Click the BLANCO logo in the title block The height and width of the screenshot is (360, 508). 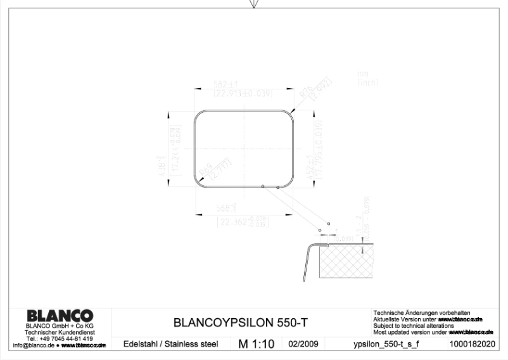click(x=59, y=316)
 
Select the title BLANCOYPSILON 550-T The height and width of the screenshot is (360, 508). click(x=241, y=322)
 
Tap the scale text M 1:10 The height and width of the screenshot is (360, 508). click(x=256, y=344)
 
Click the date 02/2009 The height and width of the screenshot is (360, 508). click(x=303, y=344)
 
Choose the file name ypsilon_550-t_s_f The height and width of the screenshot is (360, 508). click(x=386, y=344)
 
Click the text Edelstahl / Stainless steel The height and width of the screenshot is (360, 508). click(x=170, y=344)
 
